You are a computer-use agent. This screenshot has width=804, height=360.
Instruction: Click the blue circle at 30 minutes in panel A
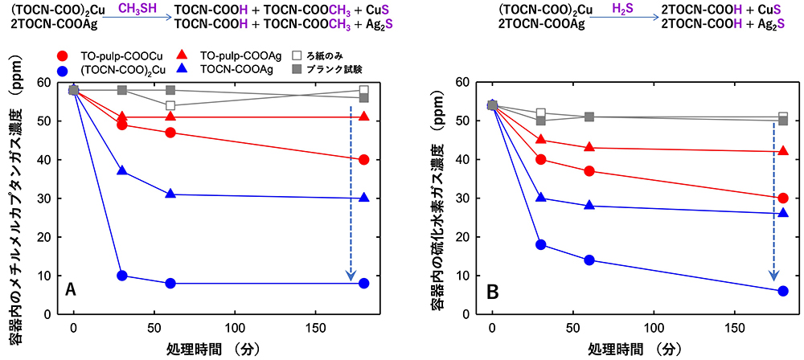[122, 276]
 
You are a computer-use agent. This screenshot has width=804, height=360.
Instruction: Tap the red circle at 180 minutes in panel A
[364, 160]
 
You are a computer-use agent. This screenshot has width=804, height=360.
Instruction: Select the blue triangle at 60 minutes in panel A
[170, 194]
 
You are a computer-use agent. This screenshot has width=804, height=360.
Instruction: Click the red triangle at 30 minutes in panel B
[541, 140]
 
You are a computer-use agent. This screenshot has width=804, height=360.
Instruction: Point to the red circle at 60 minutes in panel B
[589, 171]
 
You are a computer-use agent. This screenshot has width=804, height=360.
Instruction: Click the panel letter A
[71, 288]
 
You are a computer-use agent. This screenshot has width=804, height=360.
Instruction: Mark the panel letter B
[490, 288]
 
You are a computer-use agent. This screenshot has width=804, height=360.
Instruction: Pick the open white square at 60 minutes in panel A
[170, 106]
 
